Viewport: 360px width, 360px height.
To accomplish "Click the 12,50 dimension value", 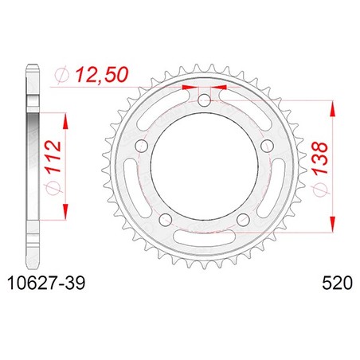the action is [x=102, y=74].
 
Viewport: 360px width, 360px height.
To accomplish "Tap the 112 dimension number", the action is [x=53, y=157].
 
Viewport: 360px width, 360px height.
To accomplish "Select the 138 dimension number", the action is [x=319, y=158].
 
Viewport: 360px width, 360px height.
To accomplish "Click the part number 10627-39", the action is [x=47, y=283].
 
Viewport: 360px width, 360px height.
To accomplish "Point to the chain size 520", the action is [x=337, y=283].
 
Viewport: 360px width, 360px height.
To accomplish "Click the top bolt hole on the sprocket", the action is [x=205, y=100].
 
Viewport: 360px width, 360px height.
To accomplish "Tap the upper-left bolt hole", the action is [x=141, y=145].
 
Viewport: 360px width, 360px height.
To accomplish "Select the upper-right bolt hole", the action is [x=267, y=145].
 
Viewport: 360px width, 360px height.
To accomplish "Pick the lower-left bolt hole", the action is [x=165, y=219].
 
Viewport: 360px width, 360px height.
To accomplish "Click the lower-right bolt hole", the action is [x=243, y=219].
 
